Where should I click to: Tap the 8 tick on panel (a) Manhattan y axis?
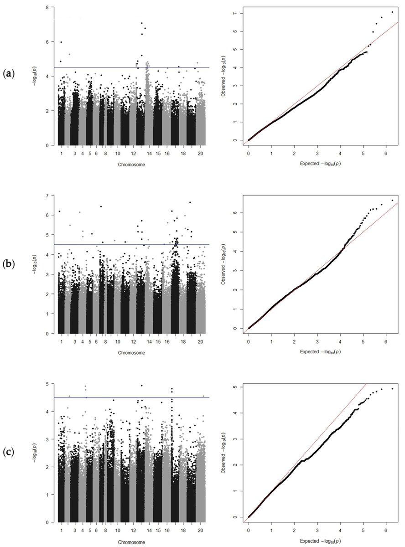[x=48, y=7]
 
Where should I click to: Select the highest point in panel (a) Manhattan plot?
[x=142, y=23]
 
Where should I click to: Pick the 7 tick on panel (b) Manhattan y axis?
[x=48, y=196]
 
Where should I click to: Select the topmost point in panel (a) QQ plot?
[x=392, y=12]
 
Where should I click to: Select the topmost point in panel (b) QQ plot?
[x=392, y=200]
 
